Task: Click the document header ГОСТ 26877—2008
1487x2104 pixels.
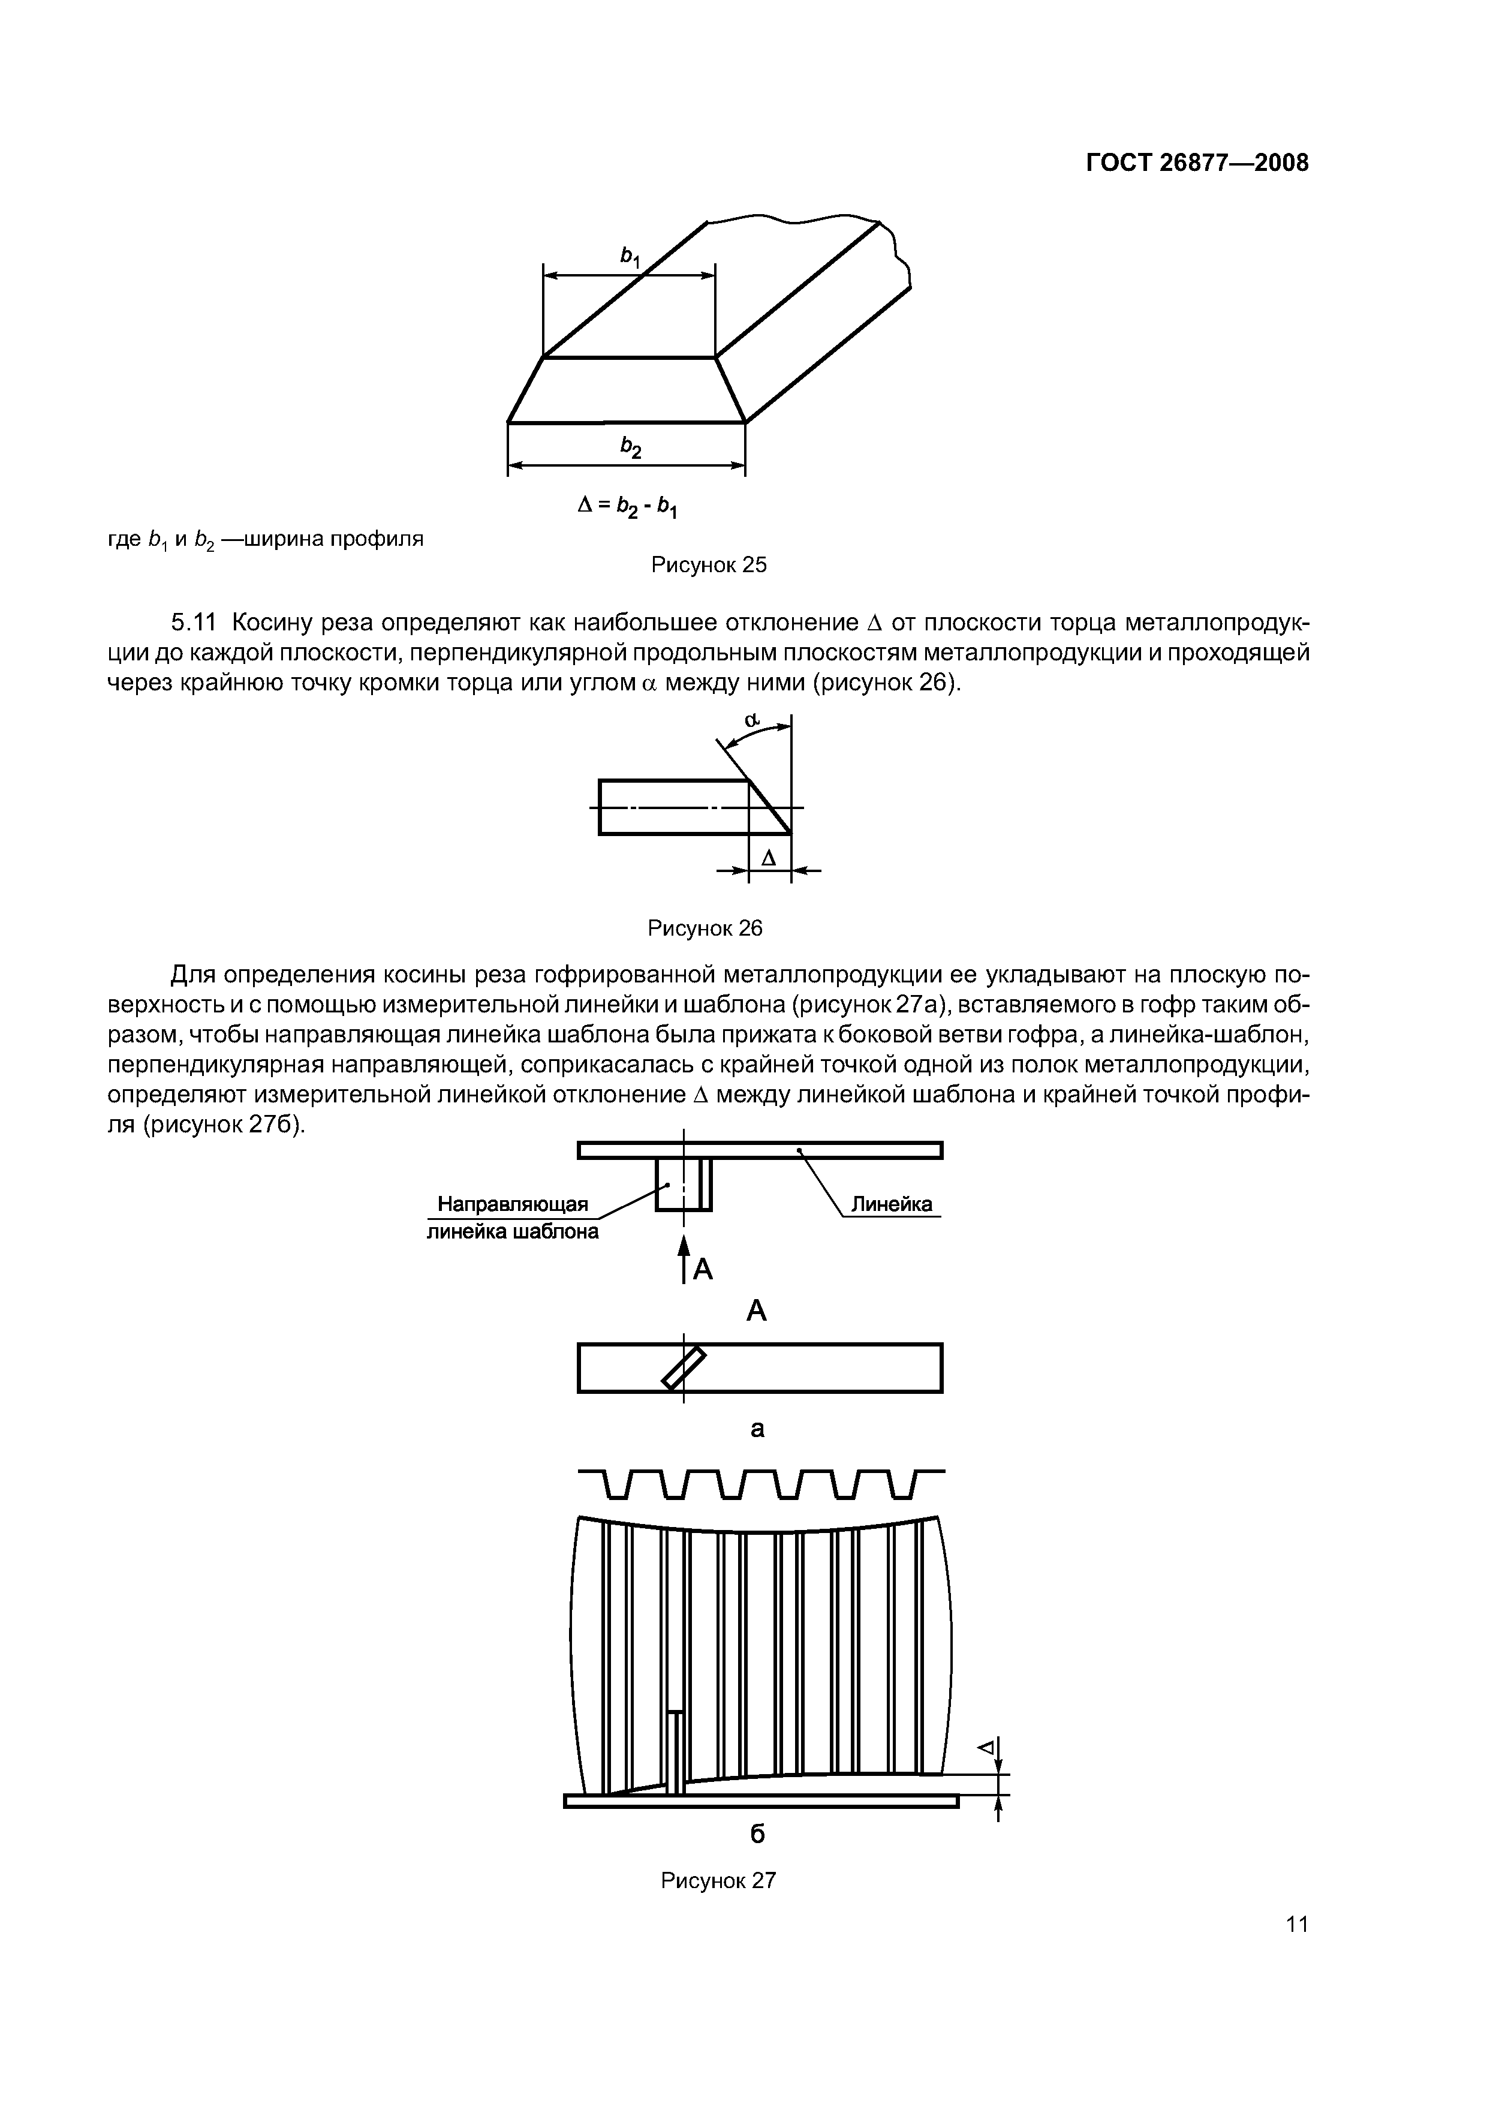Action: (x=1197, y=163)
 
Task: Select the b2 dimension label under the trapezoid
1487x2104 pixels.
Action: (x=630, y=446)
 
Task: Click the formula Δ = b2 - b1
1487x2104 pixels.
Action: (x=628, y=505)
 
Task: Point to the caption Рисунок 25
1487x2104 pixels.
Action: (x=708, y=566)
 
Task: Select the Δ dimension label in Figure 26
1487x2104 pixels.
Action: (x=769, y=858)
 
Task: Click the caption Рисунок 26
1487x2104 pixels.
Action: (x=705, y=928)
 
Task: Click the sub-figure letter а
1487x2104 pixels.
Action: (x=757, y=1427)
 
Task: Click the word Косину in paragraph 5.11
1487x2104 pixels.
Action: (x=273, y=623)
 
